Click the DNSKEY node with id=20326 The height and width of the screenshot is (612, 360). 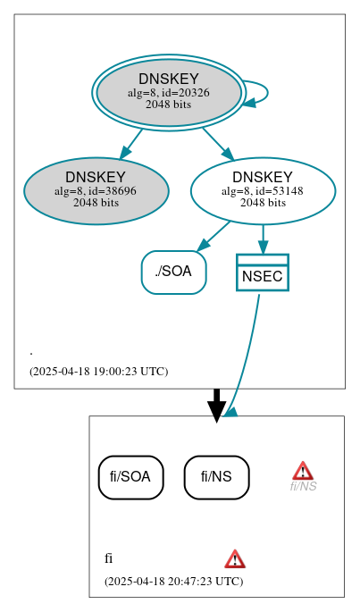click(168, 92)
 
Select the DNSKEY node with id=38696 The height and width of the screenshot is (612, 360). click(96, 190)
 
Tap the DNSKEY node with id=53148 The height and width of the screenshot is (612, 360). click(263, 190)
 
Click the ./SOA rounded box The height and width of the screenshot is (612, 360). click(173, 272)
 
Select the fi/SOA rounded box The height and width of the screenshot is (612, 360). click(130, 477)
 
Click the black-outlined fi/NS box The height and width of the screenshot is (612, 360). click(216, 477)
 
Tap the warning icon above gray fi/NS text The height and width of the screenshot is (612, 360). click(303, 470)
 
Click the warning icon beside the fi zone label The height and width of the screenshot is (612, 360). click(235, 559)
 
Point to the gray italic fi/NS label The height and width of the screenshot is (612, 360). click(303, 486)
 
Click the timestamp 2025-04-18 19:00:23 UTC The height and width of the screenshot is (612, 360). click(98, 371)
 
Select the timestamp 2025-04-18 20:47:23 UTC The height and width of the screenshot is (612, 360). click(173, 581)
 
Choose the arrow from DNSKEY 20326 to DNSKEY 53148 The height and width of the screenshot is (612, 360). click(217, 143)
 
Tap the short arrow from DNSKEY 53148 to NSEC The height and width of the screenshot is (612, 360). click(263, 237)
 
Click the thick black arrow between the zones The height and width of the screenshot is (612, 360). click(216, 404)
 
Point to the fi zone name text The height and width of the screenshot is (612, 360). click(108, 559)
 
